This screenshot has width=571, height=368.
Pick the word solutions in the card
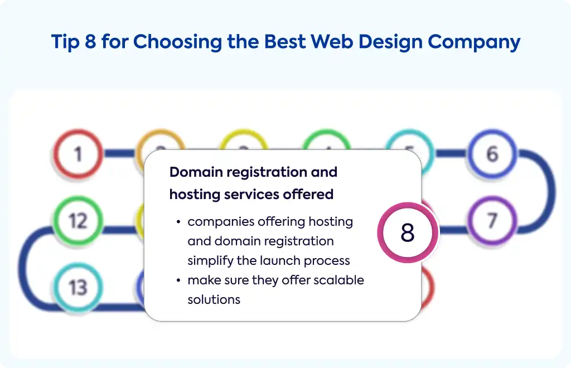(214, 299)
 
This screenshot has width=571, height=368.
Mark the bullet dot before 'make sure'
(178, 280)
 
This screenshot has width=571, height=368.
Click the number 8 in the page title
(91, 41)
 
